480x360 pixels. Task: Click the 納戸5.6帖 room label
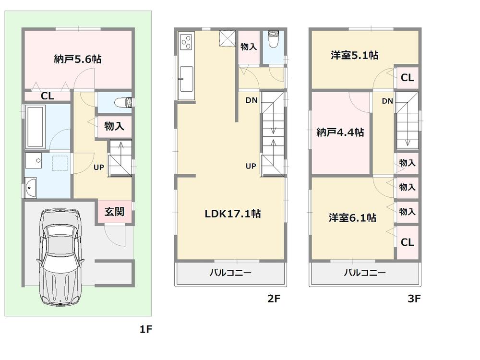click(x=77, y=60)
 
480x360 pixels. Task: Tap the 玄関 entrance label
click(x=115, y=212)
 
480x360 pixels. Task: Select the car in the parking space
click(x=60, y=257)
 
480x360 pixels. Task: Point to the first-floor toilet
click(x=125, y=102)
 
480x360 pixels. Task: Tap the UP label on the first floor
click(x=99, y=168)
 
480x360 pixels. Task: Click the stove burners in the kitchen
click(x=186, y=43)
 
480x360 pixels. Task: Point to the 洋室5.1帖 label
click(x=354, y=55)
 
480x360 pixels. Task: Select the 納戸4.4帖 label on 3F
click(x=340, y=132)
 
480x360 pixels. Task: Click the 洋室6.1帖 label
click(x=352, y=218)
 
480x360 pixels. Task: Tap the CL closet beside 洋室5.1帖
click(x=407, y=77)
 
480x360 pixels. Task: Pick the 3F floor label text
click(x=414, y=299)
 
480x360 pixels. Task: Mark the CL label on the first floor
click(x=47, y=96)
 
